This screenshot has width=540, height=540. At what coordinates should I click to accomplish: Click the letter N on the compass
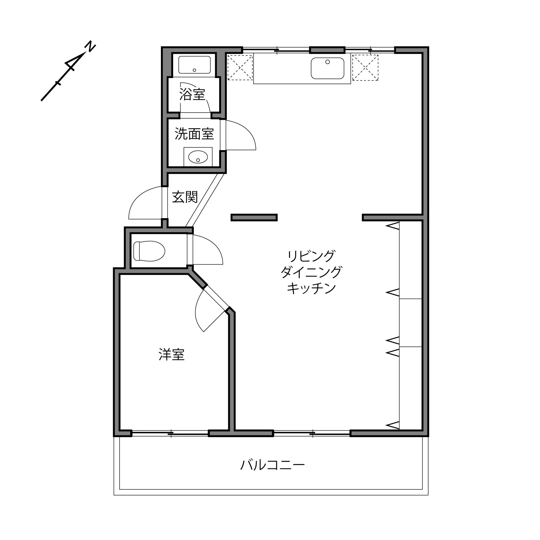click(90, 46)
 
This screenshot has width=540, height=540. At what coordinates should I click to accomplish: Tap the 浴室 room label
click(192, 94)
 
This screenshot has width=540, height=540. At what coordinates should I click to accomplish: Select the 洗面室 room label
click(194, 134)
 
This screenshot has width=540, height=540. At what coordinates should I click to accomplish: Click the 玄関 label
click(185, 197)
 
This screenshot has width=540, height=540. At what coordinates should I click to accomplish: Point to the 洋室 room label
click(171, 355)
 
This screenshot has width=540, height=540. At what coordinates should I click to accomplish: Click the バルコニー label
click(272, 465)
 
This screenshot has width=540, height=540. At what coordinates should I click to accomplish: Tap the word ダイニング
click(311, 272)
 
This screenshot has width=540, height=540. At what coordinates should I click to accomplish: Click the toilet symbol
click(149, 251)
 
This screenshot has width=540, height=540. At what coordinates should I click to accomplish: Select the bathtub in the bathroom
click(194, 65)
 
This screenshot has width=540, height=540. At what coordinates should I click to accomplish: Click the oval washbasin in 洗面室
click(198, 157)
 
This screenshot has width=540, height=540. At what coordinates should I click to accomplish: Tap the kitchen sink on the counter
click(327, 68)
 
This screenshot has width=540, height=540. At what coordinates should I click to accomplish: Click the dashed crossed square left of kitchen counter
click(240, 68)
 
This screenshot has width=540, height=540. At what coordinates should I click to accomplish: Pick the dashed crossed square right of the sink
click(365, 68)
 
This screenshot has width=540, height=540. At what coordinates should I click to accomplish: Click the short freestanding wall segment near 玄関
click(254, 217)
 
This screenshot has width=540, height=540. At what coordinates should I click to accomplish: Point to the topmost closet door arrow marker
click(393, 226)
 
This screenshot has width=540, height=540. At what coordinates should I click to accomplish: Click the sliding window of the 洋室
click(170, 433)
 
